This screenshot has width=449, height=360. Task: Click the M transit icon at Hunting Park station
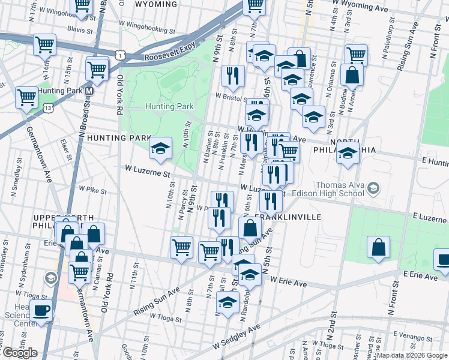89,91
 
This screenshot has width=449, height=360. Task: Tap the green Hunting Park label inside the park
170,106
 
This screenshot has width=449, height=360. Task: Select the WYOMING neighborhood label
155,4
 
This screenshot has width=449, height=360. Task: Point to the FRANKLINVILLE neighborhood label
288,217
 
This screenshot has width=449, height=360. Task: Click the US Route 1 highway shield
121,55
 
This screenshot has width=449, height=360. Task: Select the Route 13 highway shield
47,107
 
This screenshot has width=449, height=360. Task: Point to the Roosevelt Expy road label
170,58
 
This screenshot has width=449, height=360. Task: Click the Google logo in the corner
20,353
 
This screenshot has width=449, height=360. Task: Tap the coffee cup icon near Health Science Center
41,311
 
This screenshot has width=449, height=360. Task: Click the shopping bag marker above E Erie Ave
378,247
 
